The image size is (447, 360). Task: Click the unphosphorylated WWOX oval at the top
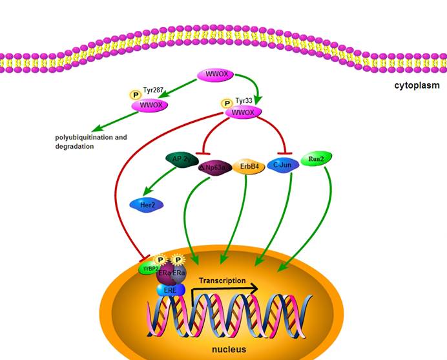click(x=215, y=75)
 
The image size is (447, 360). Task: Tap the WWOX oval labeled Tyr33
click(x=242, y=112)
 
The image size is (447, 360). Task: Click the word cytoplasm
click(x=417, y=85)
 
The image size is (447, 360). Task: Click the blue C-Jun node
click(x=282, y=165)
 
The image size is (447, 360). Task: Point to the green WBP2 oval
click(x=149, y=268)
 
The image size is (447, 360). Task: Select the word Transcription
click(x=222, y=281)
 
